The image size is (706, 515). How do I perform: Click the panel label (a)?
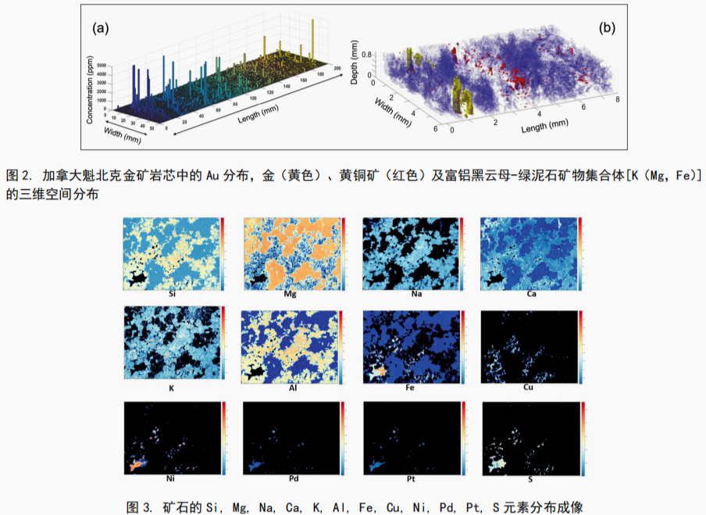coord(100,28)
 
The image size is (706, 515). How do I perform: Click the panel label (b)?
coord(607,28)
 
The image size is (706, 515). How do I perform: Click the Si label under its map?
coord(171,295)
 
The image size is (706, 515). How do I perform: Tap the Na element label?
coord(410,295)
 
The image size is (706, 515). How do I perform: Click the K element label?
coord(171,388)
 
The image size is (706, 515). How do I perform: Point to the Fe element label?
coord(410,388)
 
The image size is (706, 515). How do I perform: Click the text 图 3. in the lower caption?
coord(140,506)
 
